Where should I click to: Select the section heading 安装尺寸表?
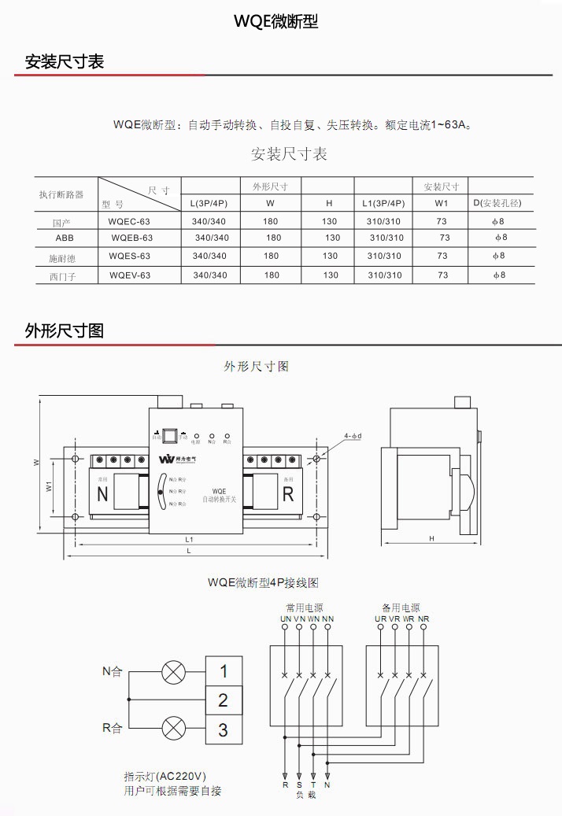[65, 61]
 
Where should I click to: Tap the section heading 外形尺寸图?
[65, 331]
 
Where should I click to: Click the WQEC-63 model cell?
[129, 222]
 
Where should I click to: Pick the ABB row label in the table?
[64, 238]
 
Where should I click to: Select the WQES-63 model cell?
[129, 256]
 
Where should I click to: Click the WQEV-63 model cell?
[130, 275]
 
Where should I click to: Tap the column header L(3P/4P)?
[209, 203]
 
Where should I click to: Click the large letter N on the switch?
[102, 494]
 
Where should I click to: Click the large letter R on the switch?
[288, 494]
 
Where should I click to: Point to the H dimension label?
[432, 539]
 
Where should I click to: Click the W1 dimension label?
[49, 487]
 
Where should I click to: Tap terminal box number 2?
[223, 700]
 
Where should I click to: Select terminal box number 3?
[223, 729]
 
